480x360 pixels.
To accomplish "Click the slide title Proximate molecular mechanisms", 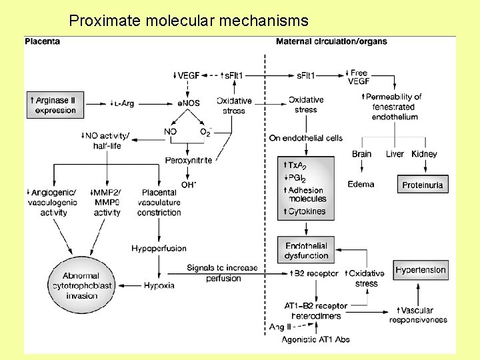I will coord(189,21).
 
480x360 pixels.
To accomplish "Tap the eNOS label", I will coord(188,103).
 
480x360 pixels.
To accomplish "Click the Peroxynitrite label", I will coord(188,160).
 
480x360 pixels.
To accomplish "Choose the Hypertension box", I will coord(421,270).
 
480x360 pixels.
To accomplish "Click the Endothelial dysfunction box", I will coord(306,251).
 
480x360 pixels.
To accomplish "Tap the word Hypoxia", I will coord(159,285).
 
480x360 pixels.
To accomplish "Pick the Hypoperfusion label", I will coord(159,248).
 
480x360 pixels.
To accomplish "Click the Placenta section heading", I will coord(42,41).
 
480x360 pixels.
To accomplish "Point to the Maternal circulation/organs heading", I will coord(331,41).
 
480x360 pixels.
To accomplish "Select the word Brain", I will coord(361,154).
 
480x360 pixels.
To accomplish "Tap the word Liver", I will coord(395,154).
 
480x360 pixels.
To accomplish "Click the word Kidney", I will coord(424,154).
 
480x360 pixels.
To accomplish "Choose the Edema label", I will coord(361,184).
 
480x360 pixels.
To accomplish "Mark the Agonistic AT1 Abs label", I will coord(316,339).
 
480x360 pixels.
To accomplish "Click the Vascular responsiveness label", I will coord(418,315).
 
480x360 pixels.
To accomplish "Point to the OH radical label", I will coord(188,185).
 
